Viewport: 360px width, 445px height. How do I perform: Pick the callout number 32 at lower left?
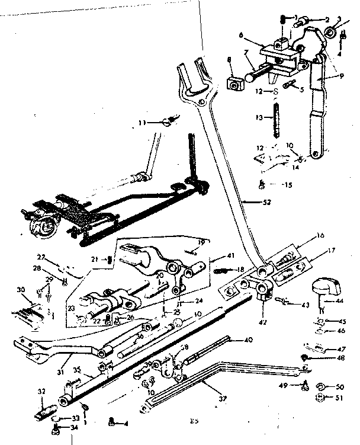click(41, 391)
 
